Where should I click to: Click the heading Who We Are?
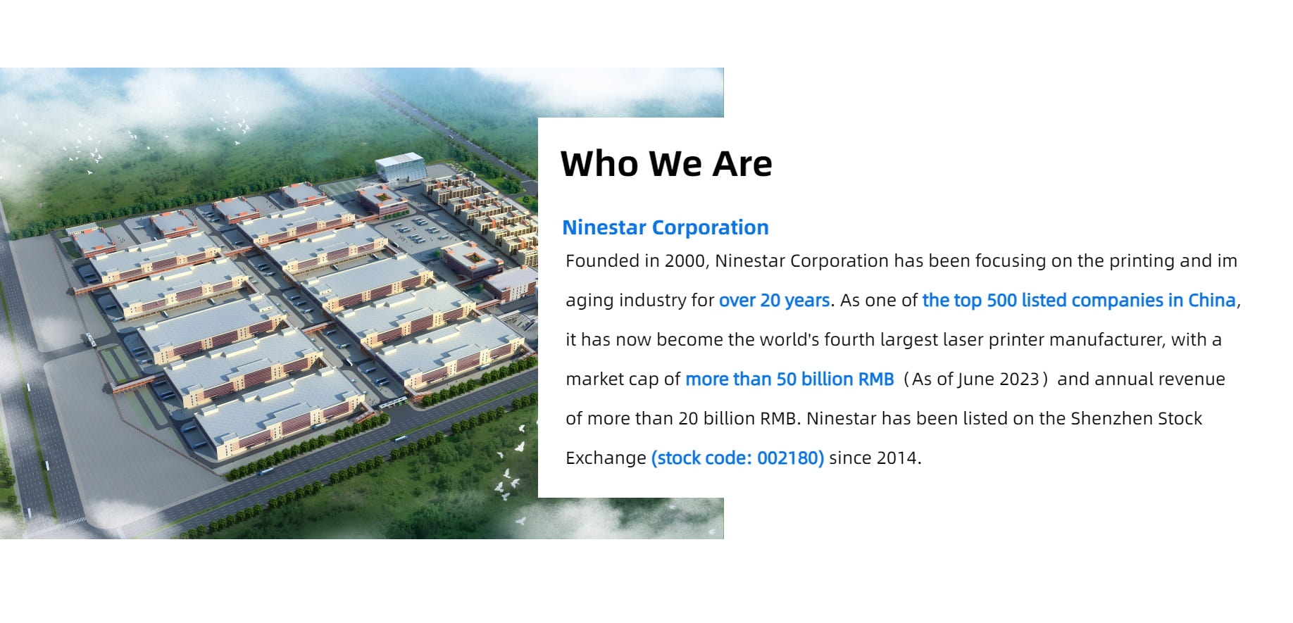666,164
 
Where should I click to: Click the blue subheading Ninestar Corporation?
666,227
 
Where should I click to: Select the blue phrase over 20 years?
774,301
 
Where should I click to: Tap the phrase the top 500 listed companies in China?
1079,301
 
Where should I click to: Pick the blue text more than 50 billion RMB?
789,379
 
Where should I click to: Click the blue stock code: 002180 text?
737,458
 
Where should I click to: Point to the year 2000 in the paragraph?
685,261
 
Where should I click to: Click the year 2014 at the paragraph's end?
897,458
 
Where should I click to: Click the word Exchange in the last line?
606,458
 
